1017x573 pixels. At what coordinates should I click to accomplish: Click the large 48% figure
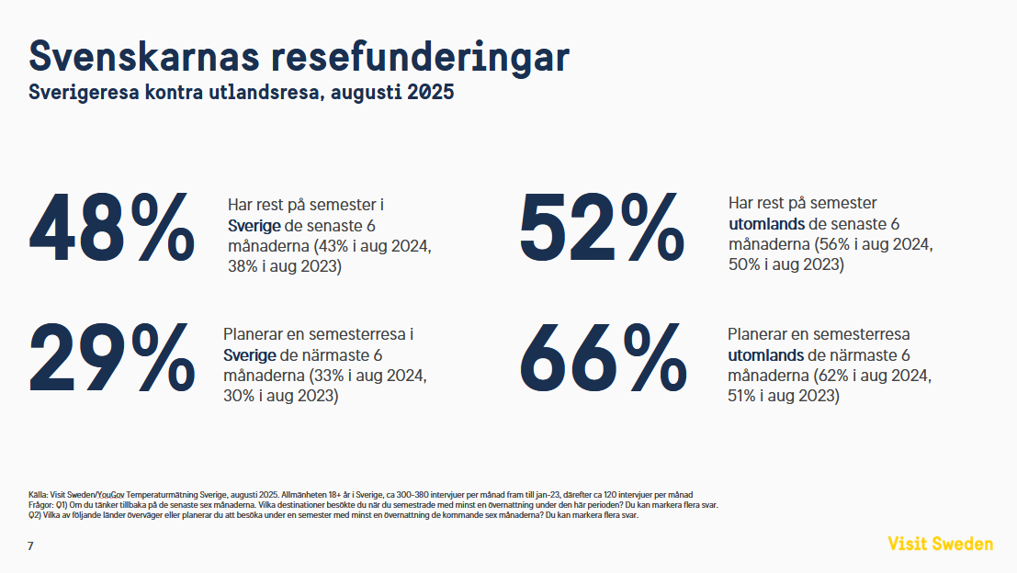tap(112, 227)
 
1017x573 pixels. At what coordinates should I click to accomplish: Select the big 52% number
tap(603, 227)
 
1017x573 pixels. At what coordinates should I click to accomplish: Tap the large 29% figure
tap(112, 358)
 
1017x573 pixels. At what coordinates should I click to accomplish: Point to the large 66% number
tap(604, 358)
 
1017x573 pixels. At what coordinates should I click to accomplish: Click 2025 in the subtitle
tap(431, 93)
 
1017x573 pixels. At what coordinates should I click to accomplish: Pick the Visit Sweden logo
tap(940, 544)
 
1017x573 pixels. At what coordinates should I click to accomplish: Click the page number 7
tap(30, 546)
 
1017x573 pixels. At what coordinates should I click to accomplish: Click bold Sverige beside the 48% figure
tap(254, 226)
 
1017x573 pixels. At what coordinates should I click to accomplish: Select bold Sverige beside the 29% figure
tap(250, 356)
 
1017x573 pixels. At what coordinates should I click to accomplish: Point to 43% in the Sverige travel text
tap(333, 247)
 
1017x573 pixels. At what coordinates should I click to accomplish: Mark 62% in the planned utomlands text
tap(833, 376)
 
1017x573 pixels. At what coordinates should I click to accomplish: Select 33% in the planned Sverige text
tap(328, 376)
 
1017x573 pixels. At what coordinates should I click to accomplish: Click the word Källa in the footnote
tap(39, 495)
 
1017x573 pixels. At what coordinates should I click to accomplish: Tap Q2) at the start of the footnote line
tap(36, 515)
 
